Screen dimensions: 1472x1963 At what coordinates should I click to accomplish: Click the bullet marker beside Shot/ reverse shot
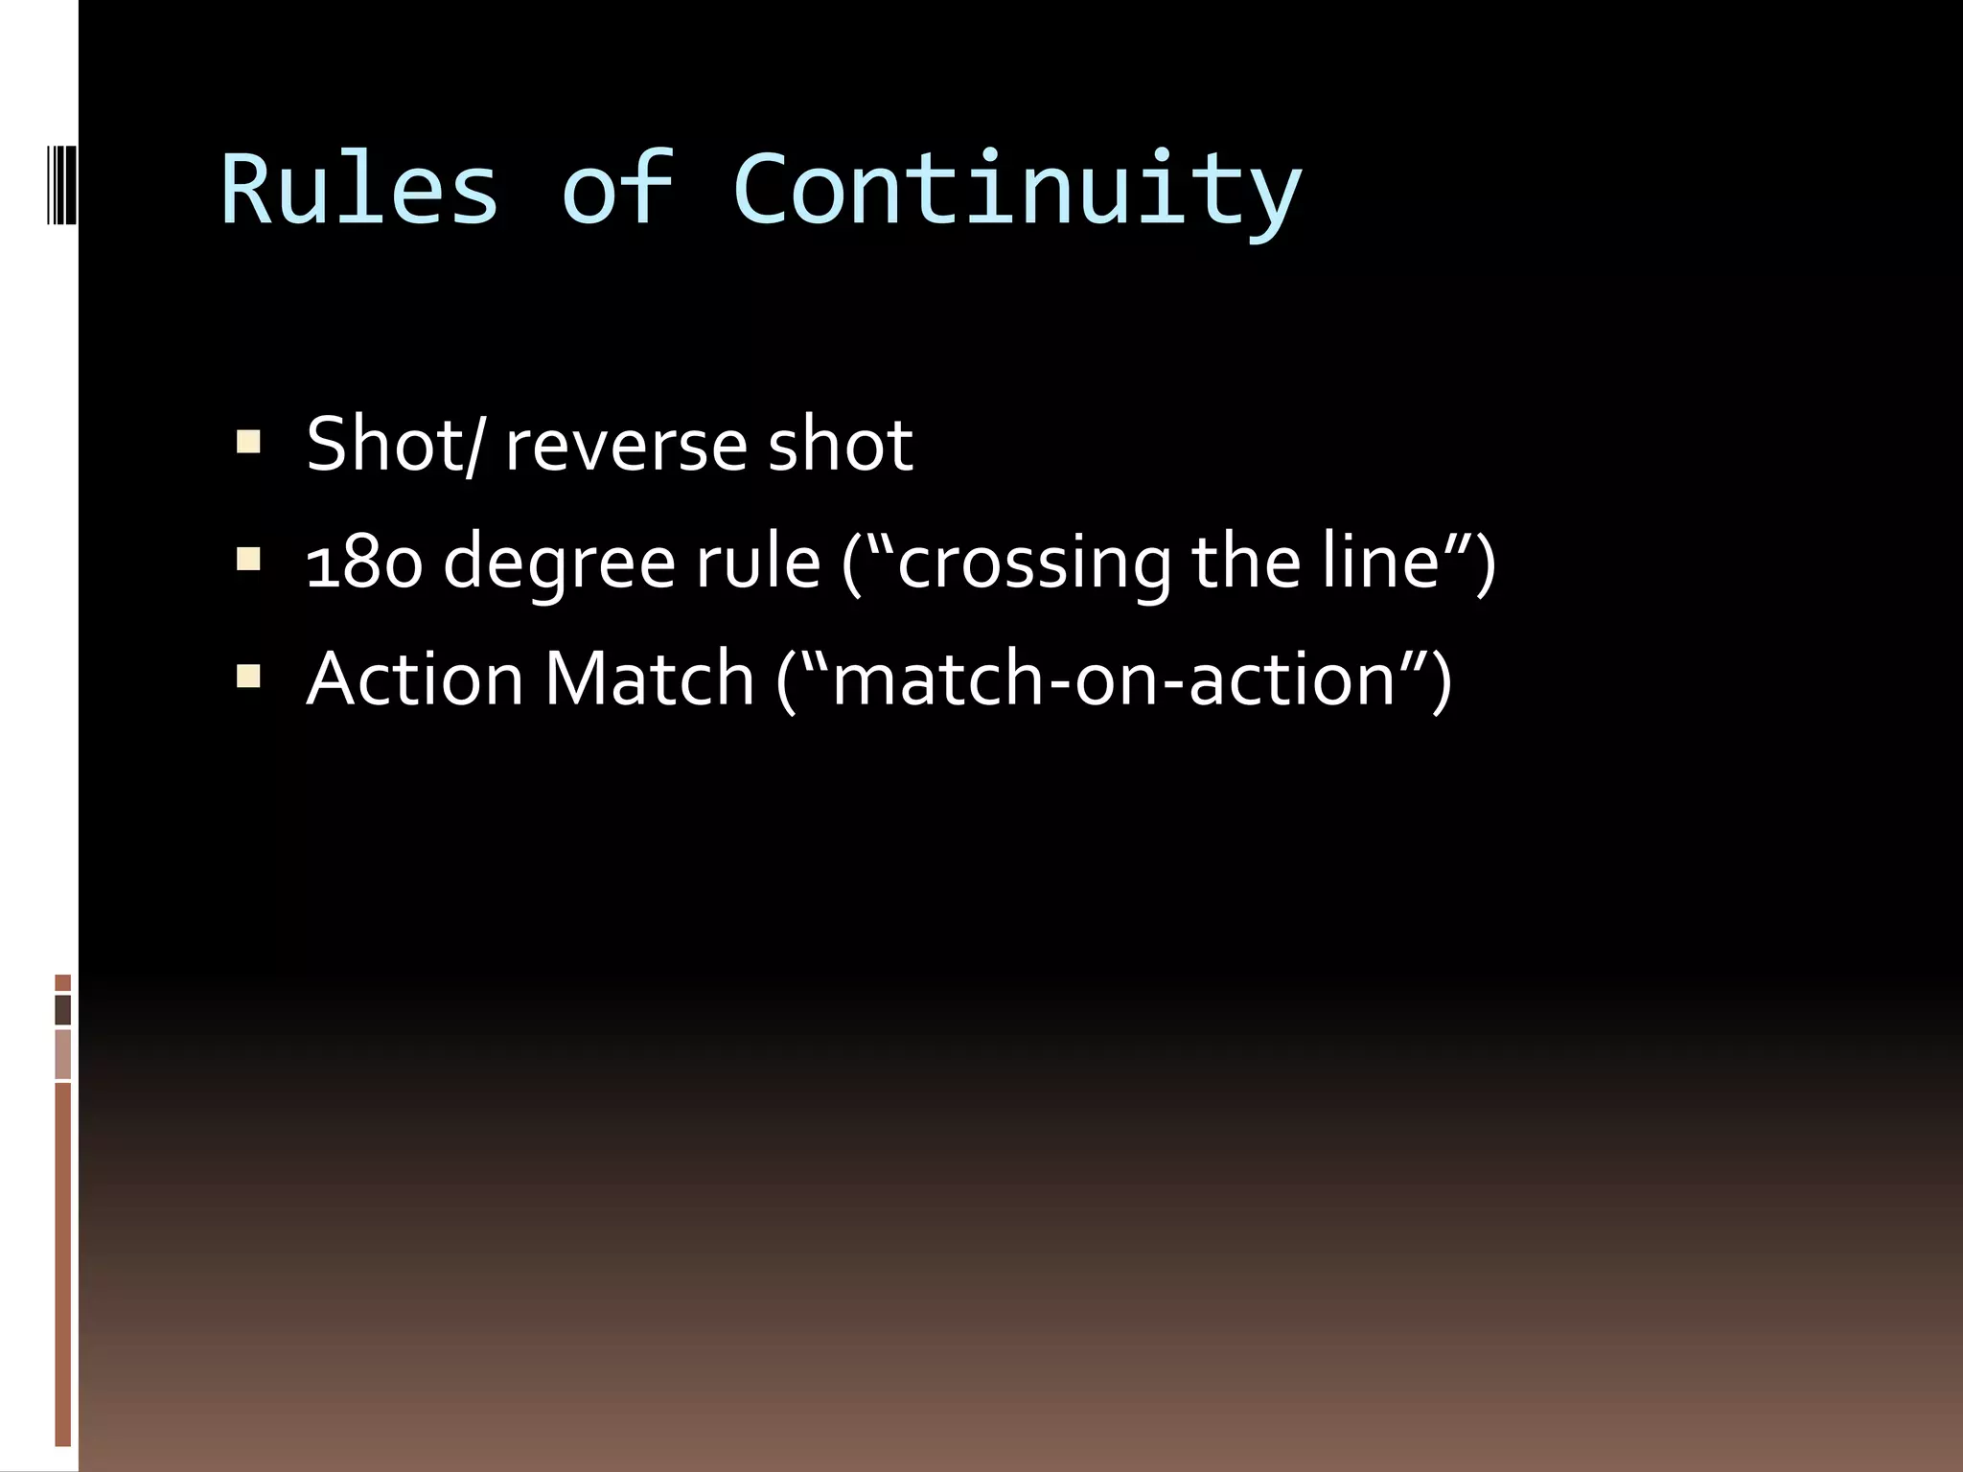tap(248, 442)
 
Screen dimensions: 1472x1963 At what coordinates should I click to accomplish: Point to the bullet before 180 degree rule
tap(248, 560)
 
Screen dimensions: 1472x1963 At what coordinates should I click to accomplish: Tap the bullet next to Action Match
tap(248, 678)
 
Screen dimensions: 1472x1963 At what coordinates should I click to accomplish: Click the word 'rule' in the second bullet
tap(757, 563)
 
